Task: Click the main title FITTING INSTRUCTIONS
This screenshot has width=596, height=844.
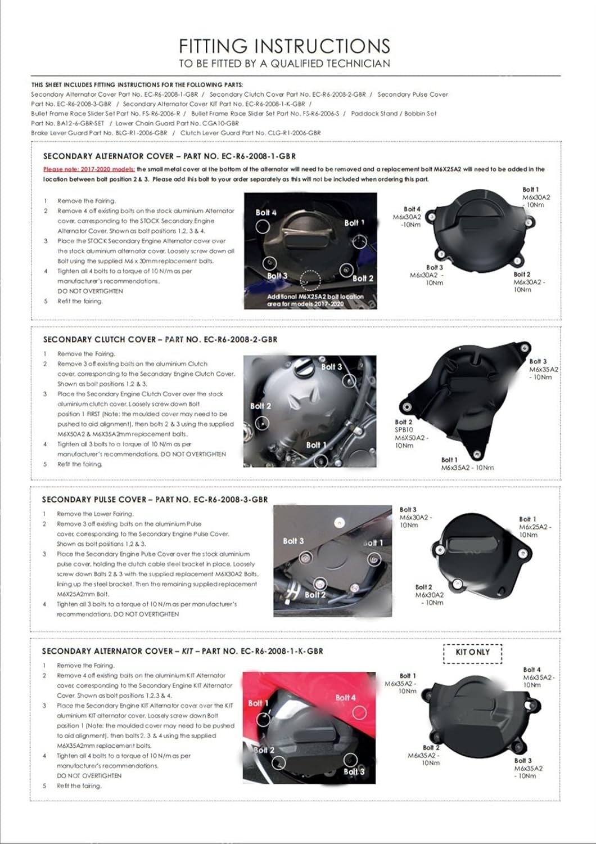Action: coord(284,46)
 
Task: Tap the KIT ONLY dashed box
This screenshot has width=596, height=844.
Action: coord(472,652)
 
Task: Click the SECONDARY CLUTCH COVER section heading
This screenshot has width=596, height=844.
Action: coord(160,339)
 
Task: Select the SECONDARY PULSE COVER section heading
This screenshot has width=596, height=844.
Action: coord(155,499)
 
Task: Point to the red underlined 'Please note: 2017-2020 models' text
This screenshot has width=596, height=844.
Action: coord(89,169)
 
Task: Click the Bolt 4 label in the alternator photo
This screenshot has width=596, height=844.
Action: coord(266,213)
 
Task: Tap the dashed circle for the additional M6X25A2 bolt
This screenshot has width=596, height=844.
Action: coord(310,279)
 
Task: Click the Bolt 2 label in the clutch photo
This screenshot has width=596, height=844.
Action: coord(260,406)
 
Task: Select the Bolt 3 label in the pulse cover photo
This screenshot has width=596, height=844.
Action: coord(293,541)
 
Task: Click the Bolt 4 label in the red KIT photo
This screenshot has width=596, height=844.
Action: coord(345,698)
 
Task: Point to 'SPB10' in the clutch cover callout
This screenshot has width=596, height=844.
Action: coord(404,429)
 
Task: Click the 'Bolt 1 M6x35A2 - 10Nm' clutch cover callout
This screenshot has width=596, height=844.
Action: coord(467,464)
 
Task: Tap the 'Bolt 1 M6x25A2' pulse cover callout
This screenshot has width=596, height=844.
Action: coord(535,527)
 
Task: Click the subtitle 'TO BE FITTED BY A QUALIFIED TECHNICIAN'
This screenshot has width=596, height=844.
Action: coord(284,64)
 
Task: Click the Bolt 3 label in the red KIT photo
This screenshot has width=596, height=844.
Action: coord(354,771)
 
